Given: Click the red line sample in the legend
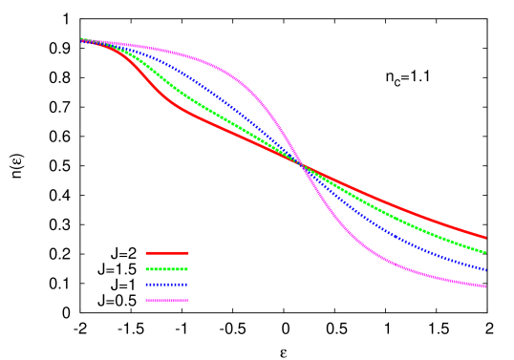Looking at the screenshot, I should [166, 253].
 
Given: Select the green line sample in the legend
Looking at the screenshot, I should [166, 269].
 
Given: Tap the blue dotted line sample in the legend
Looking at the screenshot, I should [166, 285].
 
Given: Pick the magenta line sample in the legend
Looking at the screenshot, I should [166, 301].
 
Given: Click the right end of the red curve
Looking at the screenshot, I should [485, 237].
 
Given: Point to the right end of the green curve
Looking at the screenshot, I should [485, 252].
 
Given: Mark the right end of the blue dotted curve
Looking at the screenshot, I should [485, 270].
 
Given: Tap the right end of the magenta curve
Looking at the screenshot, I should [485, 286].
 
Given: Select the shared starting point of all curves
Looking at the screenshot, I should [82, 39].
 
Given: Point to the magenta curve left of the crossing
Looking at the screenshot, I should [229, 71].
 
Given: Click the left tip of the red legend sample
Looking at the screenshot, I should [146, 253].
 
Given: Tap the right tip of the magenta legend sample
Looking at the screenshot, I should [187, 301].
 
